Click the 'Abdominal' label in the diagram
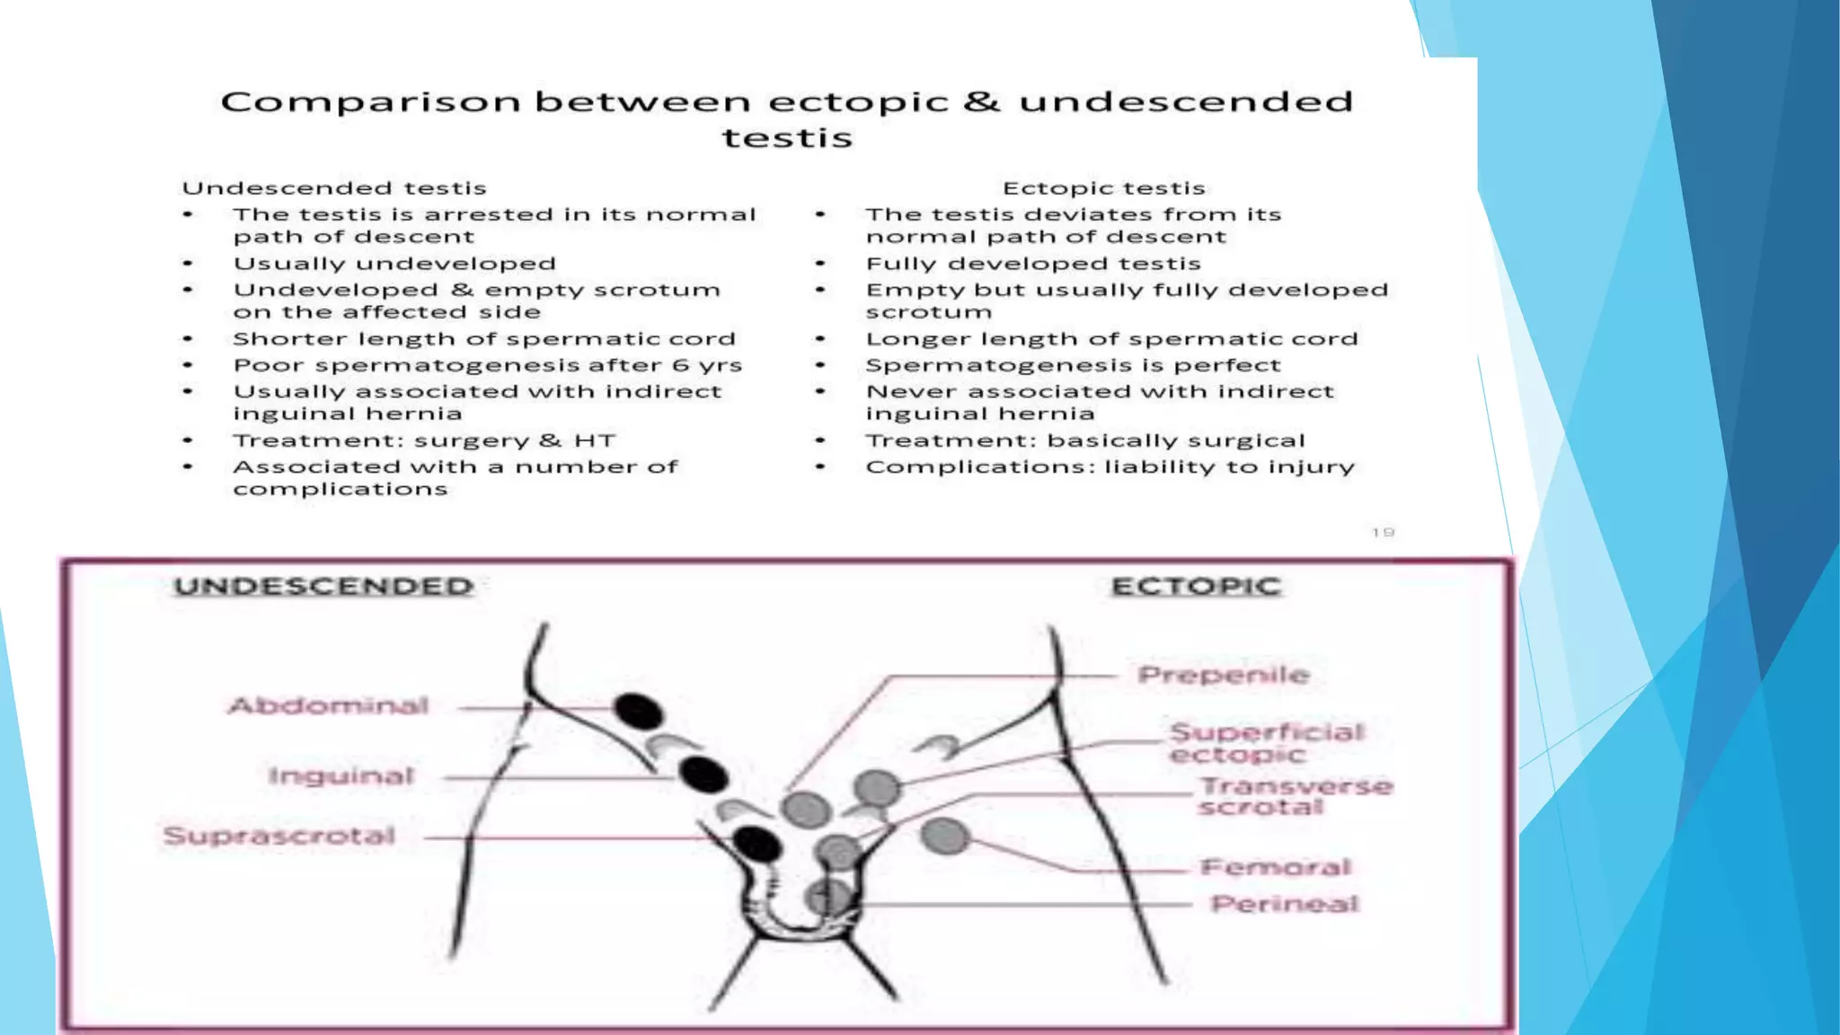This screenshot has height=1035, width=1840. point(329,706)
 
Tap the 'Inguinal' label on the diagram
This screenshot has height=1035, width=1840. point(341,776)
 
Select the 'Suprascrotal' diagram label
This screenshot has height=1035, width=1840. point(279,836)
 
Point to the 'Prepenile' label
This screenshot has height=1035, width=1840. point(1223,676)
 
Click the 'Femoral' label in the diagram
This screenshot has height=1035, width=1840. point(1276,868)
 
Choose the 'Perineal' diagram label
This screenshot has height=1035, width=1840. point(1285,904)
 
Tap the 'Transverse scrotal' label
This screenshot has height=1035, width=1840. point(1296,797)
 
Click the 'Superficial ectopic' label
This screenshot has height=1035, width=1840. point(1266,743)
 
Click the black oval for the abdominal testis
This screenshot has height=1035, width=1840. point(639,712)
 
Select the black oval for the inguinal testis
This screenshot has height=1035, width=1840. point(703,774)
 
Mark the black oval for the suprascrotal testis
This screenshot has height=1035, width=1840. point(756,844)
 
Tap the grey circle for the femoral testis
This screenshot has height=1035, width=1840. point(945,837)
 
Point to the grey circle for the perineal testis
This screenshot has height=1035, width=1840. point(828,898)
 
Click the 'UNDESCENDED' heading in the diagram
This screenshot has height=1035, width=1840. point(323,587)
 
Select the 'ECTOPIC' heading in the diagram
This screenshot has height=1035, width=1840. point(1196,587)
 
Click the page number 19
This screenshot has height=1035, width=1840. point(1383,533)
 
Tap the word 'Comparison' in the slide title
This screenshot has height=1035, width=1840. point(370,102)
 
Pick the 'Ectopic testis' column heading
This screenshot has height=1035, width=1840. point(1103,188)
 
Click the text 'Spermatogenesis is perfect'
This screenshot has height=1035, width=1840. point(1073,366)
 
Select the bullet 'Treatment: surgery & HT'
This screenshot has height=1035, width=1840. point(424,441)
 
